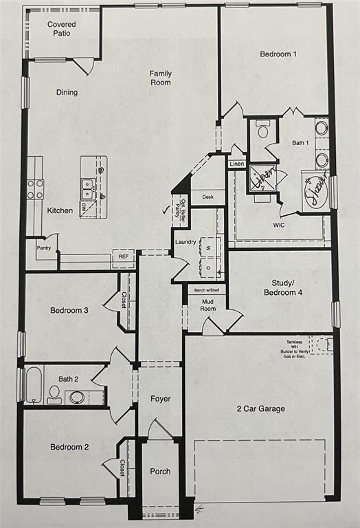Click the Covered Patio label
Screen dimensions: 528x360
[61, 28]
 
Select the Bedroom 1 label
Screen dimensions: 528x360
[278, 54]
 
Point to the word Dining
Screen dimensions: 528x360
[67, 92]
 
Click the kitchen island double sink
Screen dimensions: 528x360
[87, 184]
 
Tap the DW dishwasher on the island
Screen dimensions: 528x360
[84, 206]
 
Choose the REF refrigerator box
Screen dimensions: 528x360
[123, 256]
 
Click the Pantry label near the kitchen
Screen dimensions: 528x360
[43, 247]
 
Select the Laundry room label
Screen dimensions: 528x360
[185, 242]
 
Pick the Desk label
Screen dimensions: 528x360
[207, 197]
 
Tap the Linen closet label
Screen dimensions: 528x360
[236, 164]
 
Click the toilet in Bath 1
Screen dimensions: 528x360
[262, 130]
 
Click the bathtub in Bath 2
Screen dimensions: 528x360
[34, 384]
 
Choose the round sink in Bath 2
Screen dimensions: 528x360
[77, 397]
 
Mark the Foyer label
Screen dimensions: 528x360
[160, 399]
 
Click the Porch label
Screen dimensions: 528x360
[160, 471]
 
